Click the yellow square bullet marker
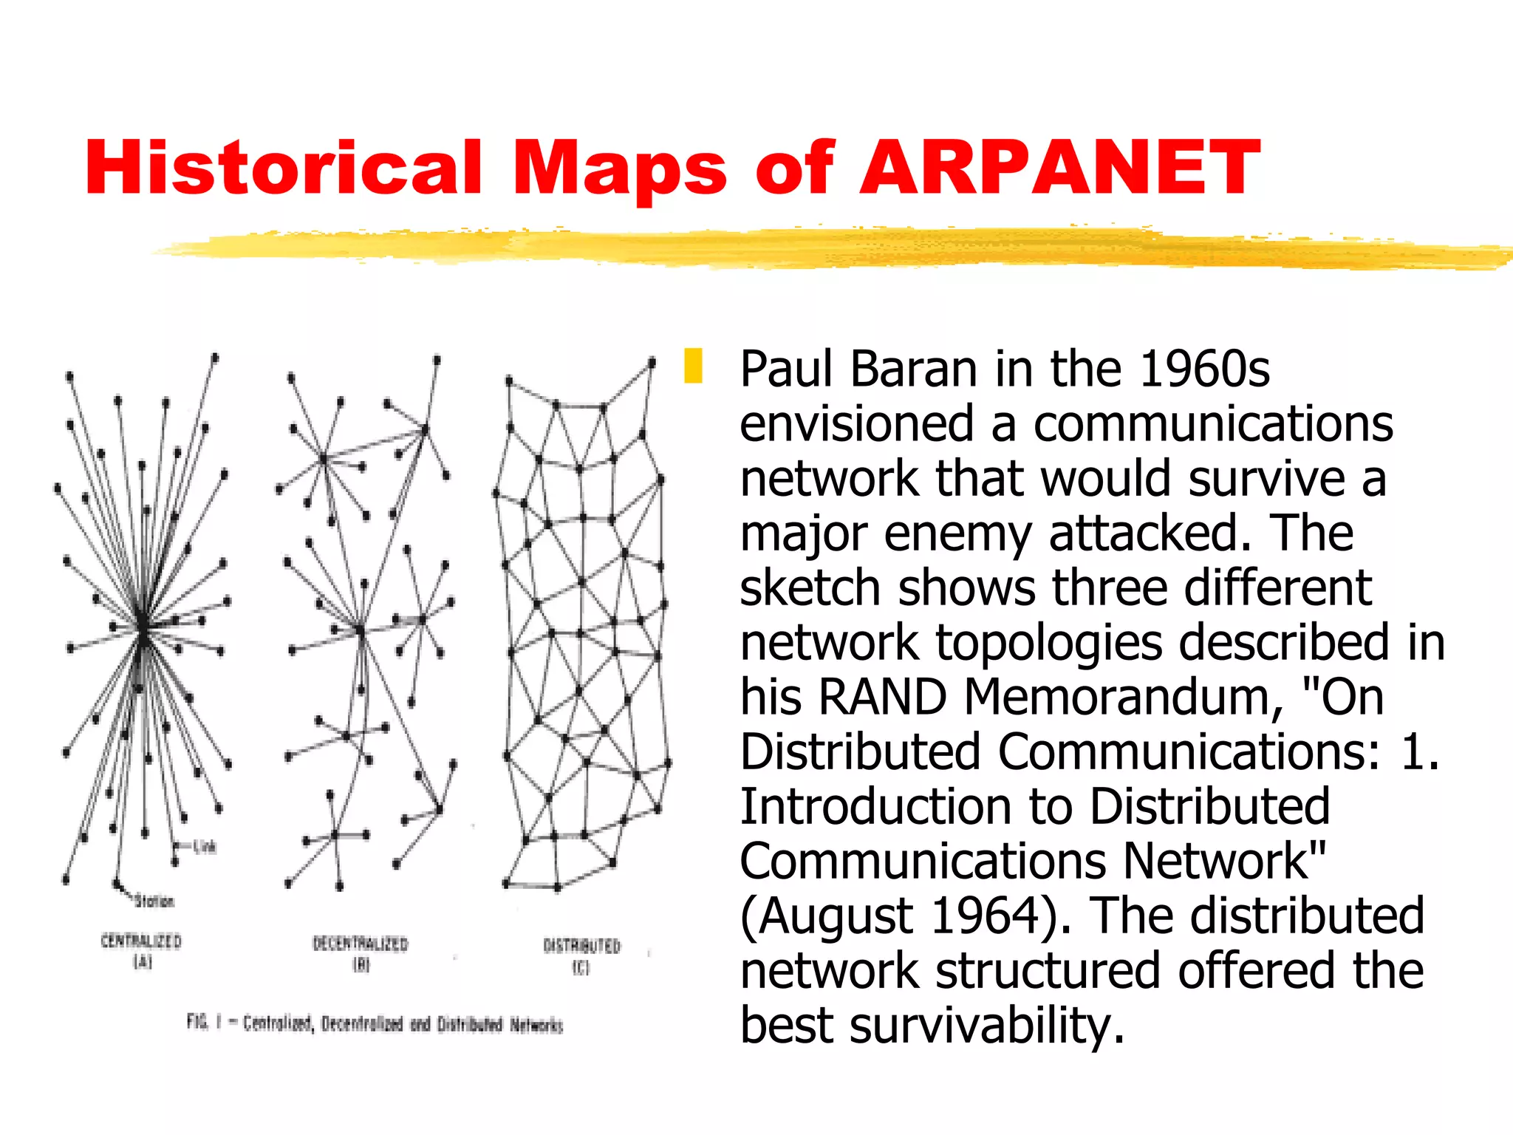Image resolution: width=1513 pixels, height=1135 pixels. pyautogui.click(x=693, y=367)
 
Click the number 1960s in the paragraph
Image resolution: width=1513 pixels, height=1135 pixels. pyautogui.click(x=1204, y=369)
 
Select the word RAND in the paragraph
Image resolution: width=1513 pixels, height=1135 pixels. pyautogui.click(x=883, y=697)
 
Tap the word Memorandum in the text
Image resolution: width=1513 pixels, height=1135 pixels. pyautogui.click(x=1123, y=697)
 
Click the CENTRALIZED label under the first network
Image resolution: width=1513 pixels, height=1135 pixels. pyautogui.click(x=141, y=941)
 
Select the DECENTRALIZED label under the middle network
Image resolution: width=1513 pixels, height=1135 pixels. pyautogui.click(x=361, y=944)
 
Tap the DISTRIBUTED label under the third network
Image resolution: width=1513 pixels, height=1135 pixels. pyautogui.click(x=582, y=946)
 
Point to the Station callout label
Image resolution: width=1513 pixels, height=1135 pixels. pyautogui.click(x=154, y=901)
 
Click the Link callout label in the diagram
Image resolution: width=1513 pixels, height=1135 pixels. pyautogui.click(x=205, y=847)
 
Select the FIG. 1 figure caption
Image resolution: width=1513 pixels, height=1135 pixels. pyautogui.click(x=375, y=1023)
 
